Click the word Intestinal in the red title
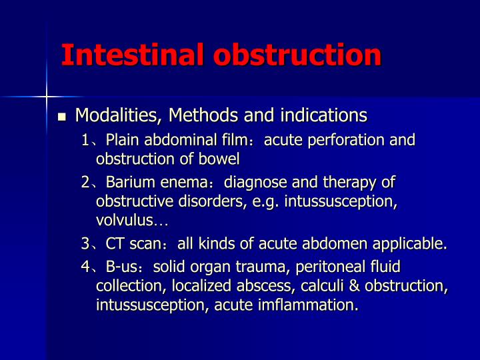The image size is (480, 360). click(x=133, y=55)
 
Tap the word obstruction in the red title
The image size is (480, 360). click(x=297, y=55)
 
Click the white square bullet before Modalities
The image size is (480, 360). click(x=62, y=117)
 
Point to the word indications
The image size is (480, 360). click(x=324, y=115)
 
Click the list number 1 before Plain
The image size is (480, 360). click(x=85, y=140)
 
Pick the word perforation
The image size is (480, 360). click(x=346, y=140)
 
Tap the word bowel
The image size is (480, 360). click(x=219, y=159)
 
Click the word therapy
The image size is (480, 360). click(x=349, y=183)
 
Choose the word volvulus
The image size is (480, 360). click(x=124, y=220)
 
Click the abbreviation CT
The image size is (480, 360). click(x=115, y=244)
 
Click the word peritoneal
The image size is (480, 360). click(x=329, y=267)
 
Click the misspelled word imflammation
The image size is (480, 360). click(x=308, y=305)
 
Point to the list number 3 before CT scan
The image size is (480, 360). click(x=85, y=244)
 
